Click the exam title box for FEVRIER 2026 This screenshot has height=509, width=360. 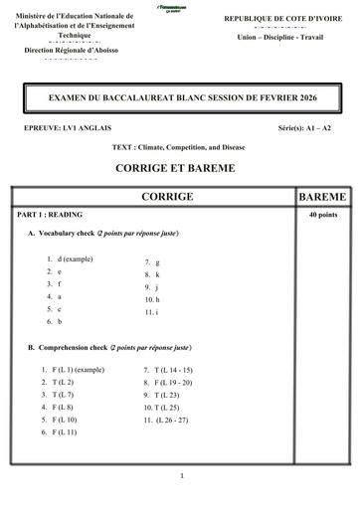[x=180, y=99]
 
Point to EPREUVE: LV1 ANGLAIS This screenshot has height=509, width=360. [x=64, y=130]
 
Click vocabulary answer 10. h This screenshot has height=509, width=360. [x=151, y=299]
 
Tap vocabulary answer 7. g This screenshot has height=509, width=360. [x=151, y=262]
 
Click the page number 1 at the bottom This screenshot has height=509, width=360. [x=182, y=476]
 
